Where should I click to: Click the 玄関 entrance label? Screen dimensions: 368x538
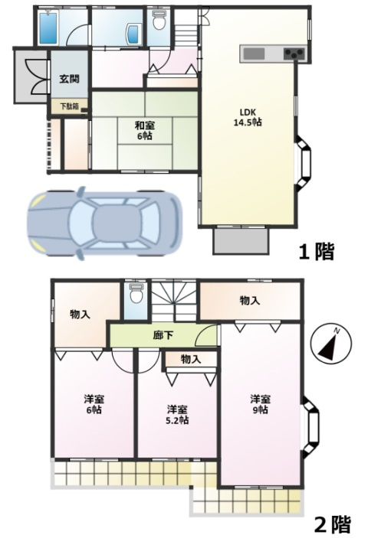[x=70, y=79]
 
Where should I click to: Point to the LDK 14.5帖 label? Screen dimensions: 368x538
[x=248, y=117]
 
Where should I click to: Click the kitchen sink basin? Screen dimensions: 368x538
[x=255, y=54]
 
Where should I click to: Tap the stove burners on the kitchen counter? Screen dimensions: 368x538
[x=294, y=54]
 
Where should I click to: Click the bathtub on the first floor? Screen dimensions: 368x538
[x=48, y=28]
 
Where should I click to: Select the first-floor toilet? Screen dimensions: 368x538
[x=159, y=21]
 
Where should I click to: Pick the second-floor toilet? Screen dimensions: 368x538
[x=136, y=294]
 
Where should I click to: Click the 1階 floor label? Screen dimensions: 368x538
[x=316, y=253]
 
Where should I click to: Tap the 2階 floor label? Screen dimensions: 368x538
[x=333, y=523]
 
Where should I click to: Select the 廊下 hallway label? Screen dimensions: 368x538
[x=163, y=335]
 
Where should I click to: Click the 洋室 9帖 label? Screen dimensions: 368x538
[x=260, y=404]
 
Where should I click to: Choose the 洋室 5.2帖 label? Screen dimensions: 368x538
[x=178, y=415]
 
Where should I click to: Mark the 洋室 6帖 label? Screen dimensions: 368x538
[x=94, y=404]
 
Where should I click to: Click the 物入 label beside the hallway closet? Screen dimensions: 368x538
[x=191, y=359]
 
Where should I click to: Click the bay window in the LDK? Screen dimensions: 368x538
[x=304, y=163]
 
